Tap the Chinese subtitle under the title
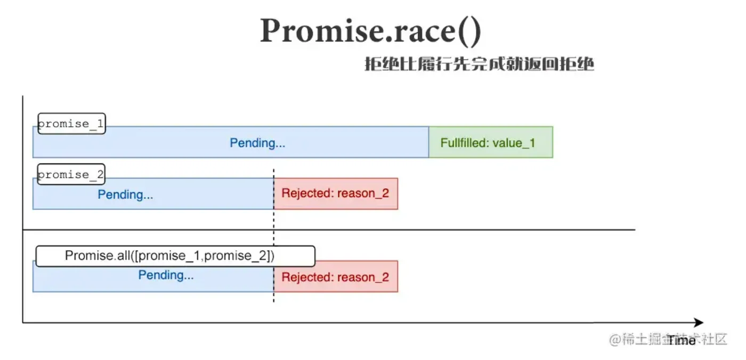coord(479,65)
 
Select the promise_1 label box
coord(71,124)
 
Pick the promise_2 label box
coord(71,175)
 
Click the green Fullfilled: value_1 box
coord(490,142)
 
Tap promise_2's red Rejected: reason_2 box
coord(336,193)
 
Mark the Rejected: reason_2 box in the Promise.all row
coord(336,277)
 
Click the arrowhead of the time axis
coord(698,323)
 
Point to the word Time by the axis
coord(682,341)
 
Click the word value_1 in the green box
coord(514,143)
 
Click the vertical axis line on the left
coord(22,213)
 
